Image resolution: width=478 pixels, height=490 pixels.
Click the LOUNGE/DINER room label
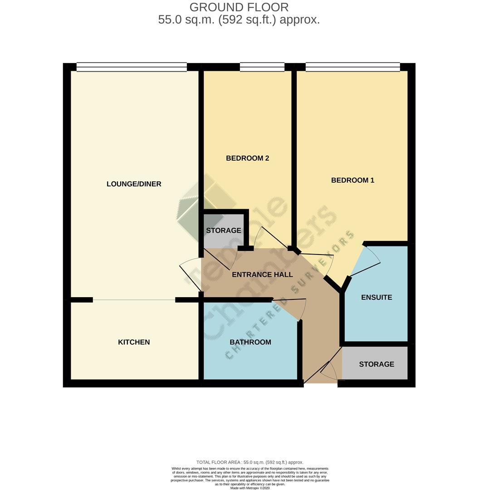click(134, 184)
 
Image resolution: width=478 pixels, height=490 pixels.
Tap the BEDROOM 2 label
click(247, 158)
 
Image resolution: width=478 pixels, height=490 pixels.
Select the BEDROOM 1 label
click(352, 180)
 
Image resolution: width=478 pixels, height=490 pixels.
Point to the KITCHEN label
click(134, 342)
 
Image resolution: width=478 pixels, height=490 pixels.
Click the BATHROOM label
click(250, 342)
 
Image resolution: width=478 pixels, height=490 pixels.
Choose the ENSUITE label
click(376, 298)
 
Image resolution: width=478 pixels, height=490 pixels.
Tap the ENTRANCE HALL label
click(262, 274)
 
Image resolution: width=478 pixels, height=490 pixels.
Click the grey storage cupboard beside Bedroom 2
click(223, 230)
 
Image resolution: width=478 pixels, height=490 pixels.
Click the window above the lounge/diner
click(132, 67)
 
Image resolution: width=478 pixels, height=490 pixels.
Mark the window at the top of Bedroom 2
click(262, 67)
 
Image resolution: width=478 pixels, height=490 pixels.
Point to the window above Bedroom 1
click(352, 67)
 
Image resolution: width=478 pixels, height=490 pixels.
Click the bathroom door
click(290, 309)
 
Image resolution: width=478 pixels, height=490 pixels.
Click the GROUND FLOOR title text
click(239, 7)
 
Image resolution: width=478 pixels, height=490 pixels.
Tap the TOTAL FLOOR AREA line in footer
click(250, 462)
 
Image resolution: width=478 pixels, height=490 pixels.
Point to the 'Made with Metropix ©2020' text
click(250, 488)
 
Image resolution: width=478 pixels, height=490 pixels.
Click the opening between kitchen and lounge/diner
click(134, 300)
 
